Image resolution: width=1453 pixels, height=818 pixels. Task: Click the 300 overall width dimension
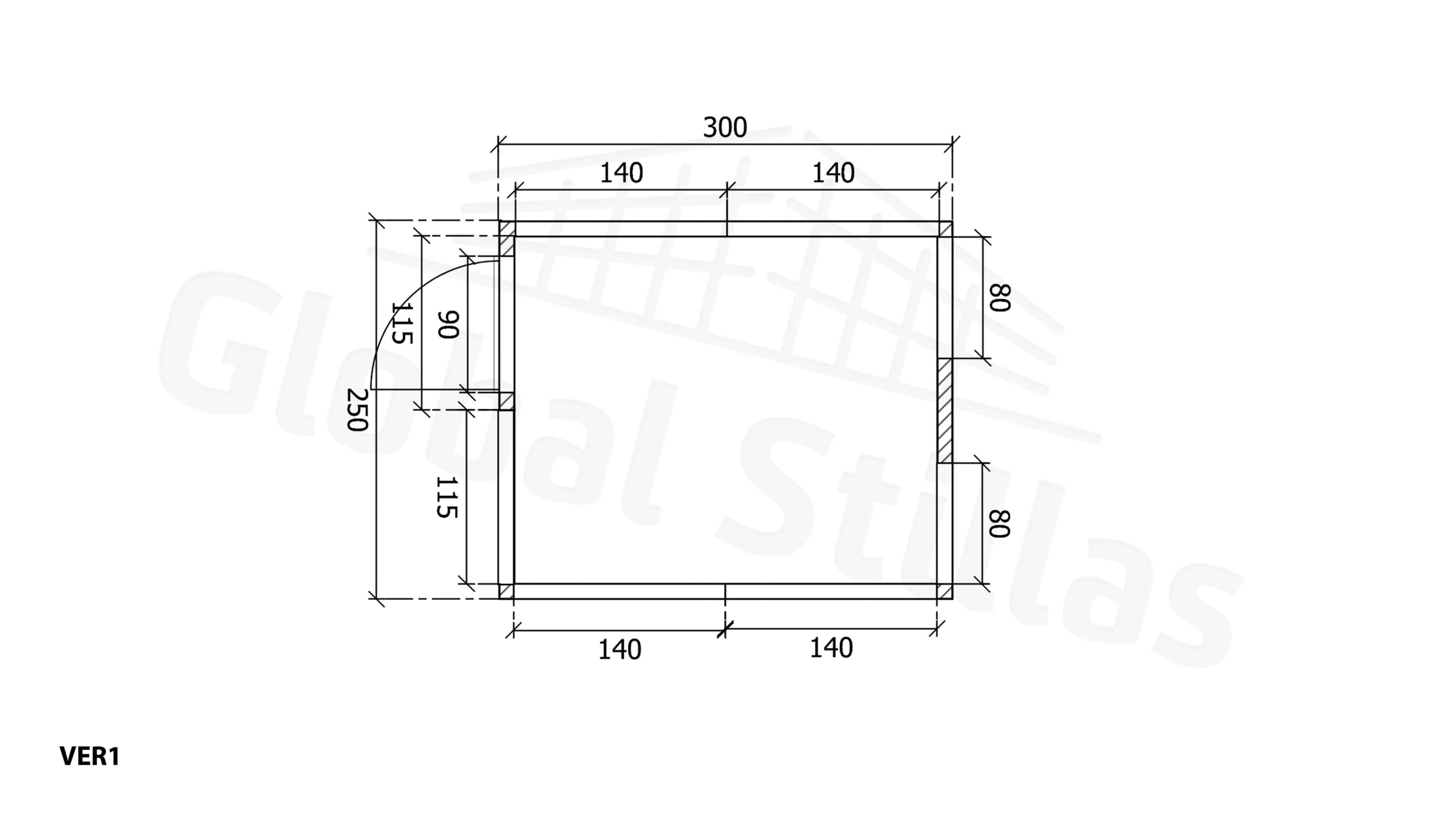pos(725,127)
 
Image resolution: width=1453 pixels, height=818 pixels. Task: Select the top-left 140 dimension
pos(621,173)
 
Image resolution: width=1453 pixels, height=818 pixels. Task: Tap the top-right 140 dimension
pos(833,173)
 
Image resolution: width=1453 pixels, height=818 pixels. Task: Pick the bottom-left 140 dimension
pos(620,649)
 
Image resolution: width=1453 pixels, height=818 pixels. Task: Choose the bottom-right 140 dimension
pos(831,648)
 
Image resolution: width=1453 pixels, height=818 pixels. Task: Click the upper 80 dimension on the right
pos(1000,298)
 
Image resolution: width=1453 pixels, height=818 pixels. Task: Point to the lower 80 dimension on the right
pos(1000,523)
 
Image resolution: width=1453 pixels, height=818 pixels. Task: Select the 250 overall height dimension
pos(358,410)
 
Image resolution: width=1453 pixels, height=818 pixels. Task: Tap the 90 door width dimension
pos(447,324)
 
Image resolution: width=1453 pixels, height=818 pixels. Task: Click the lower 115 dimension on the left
pos(447,497)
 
